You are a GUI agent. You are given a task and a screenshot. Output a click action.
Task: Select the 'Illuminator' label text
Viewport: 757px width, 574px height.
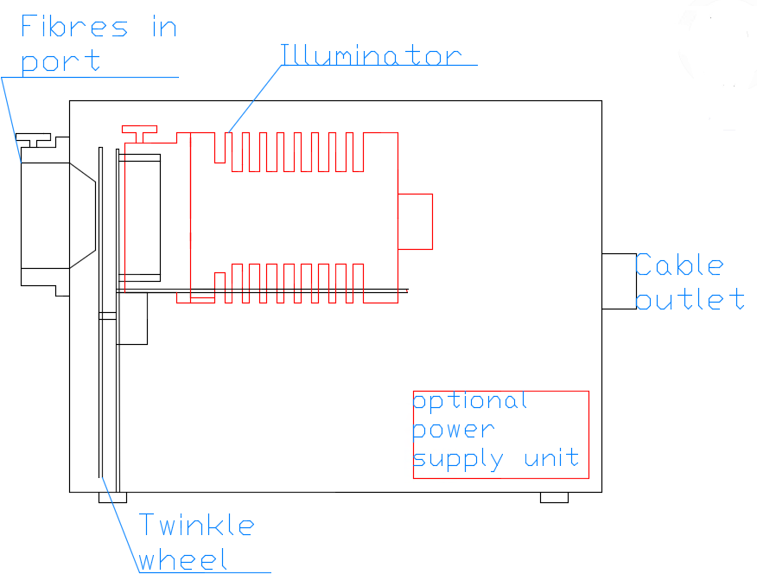372,55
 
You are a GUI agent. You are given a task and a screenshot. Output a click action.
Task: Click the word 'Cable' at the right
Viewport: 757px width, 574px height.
679,265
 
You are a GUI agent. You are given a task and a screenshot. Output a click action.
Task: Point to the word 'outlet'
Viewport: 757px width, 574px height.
690,300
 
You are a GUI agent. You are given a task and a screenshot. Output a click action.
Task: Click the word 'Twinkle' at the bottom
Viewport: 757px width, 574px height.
197,525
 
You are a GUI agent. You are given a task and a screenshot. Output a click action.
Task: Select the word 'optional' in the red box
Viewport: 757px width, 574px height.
470,402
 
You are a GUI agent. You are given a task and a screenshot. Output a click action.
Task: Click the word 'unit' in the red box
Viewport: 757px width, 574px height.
551,458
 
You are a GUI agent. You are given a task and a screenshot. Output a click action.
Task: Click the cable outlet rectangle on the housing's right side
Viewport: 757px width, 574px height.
619,281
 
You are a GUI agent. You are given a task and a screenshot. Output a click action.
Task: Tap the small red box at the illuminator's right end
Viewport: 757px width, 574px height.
415,221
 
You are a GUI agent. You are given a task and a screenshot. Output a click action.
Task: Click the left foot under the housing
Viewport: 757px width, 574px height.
112,497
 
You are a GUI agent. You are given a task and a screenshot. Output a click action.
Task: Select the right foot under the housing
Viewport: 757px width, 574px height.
554,497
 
